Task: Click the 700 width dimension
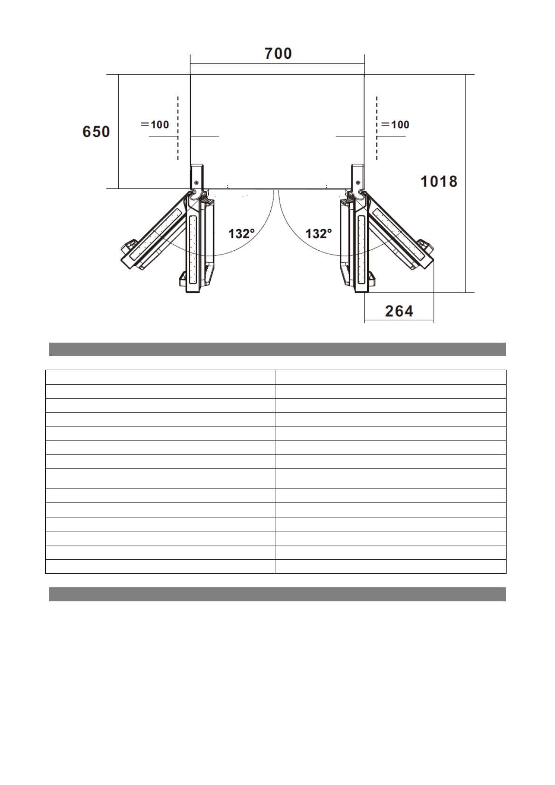278,54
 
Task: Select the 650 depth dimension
96,132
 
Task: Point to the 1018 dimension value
439,181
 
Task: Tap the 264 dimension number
399,311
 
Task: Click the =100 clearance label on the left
155,124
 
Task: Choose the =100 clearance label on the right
395,124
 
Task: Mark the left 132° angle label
241,234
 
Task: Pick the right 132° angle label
318,234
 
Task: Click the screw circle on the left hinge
196,183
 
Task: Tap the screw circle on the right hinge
358,183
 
